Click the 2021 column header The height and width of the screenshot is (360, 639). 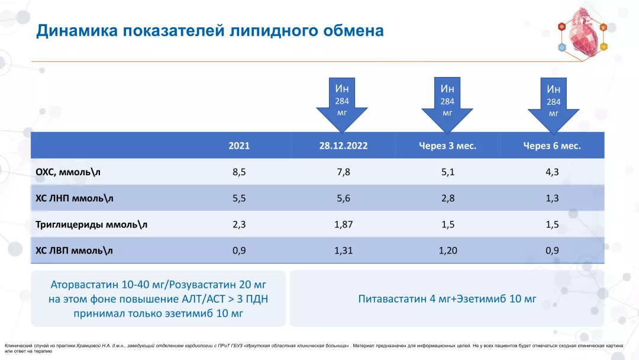pyautogui.click(x=239, y=146)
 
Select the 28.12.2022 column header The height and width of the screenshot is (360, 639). pyautogui.click(x=343, y=146)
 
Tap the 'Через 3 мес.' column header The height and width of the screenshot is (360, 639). pyautogui.click(x=447, y=146)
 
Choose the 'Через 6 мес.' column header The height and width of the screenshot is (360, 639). pyautogui.click(x=551, y=146)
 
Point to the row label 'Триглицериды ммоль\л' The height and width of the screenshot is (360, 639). pyautogui.click(x=92, y=224)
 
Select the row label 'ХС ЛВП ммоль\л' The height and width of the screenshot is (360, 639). pyautogui.click(x=74, y=250)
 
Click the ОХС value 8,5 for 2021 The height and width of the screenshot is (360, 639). pyautogui.click(x=239, y=172)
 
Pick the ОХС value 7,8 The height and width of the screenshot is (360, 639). pyautogui.click(x=343, y=172)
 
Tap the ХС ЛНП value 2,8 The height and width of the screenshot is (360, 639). pyautogui.click(x=447, y=198)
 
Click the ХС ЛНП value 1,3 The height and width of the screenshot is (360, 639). pyautogui.click(x=552, y=198)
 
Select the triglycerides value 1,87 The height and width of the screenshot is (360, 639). pyautogui.click(x=343, y=224)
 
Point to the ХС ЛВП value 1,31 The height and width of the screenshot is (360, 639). pyautogui.click(x=343, y=250)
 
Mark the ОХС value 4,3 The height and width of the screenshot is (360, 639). pyautogui.click(x=552, y=172)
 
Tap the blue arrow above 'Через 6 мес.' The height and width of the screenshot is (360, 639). pyautogui.click(x=553, y=104)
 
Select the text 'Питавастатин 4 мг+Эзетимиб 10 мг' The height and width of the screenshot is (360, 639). pyautogui.click(x=447, y=299)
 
